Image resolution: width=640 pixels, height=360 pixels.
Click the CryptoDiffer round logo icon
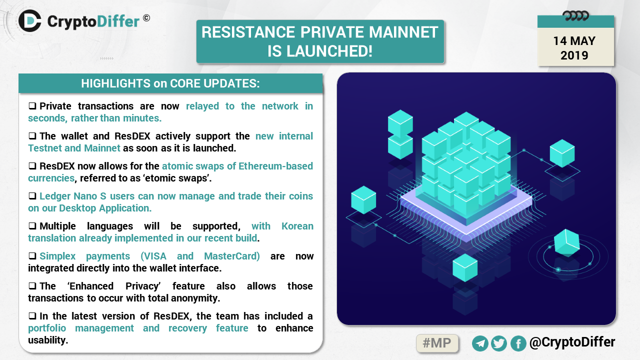[x=30, y=20]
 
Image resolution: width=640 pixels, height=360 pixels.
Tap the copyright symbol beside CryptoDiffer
[x=146, y=18]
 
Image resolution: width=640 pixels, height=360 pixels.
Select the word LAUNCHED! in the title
[x=329, y=51]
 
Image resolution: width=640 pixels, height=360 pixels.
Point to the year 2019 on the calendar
[x=574, y=55]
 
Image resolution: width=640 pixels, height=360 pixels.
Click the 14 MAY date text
[x=574, y=41]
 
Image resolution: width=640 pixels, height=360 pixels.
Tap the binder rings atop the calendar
[x=575, y=16]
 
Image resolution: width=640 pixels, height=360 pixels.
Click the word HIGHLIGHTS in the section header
[x=115, y=83]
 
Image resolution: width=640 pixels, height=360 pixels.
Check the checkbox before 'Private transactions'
[x=32, y=106]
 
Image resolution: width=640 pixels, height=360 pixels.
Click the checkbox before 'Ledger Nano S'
[x=32, y=196]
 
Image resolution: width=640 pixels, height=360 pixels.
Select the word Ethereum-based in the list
[x=275, y=166]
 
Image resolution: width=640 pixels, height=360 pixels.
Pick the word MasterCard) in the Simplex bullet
[x=232, y=256]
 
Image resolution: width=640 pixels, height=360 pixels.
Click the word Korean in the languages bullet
[x=297, y=226]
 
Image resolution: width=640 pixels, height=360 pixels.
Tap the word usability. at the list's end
[x=48, y=340]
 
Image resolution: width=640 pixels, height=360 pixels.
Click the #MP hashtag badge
[x=437, y=343]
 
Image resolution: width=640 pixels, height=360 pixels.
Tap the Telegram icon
[x=480, y=343]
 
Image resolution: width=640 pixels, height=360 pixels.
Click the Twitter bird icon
[x=499, y=343]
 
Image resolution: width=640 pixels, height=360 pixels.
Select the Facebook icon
[x=518, y=343]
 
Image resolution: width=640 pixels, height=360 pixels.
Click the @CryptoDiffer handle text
[x=572, y=342]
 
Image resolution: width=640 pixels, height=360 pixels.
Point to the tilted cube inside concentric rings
[x=567, y=242]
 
